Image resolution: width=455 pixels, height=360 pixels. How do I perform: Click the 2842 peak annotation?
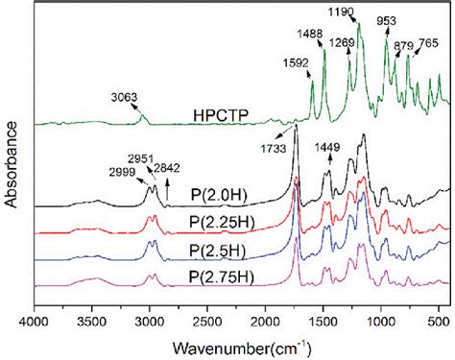click(169, 167)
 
